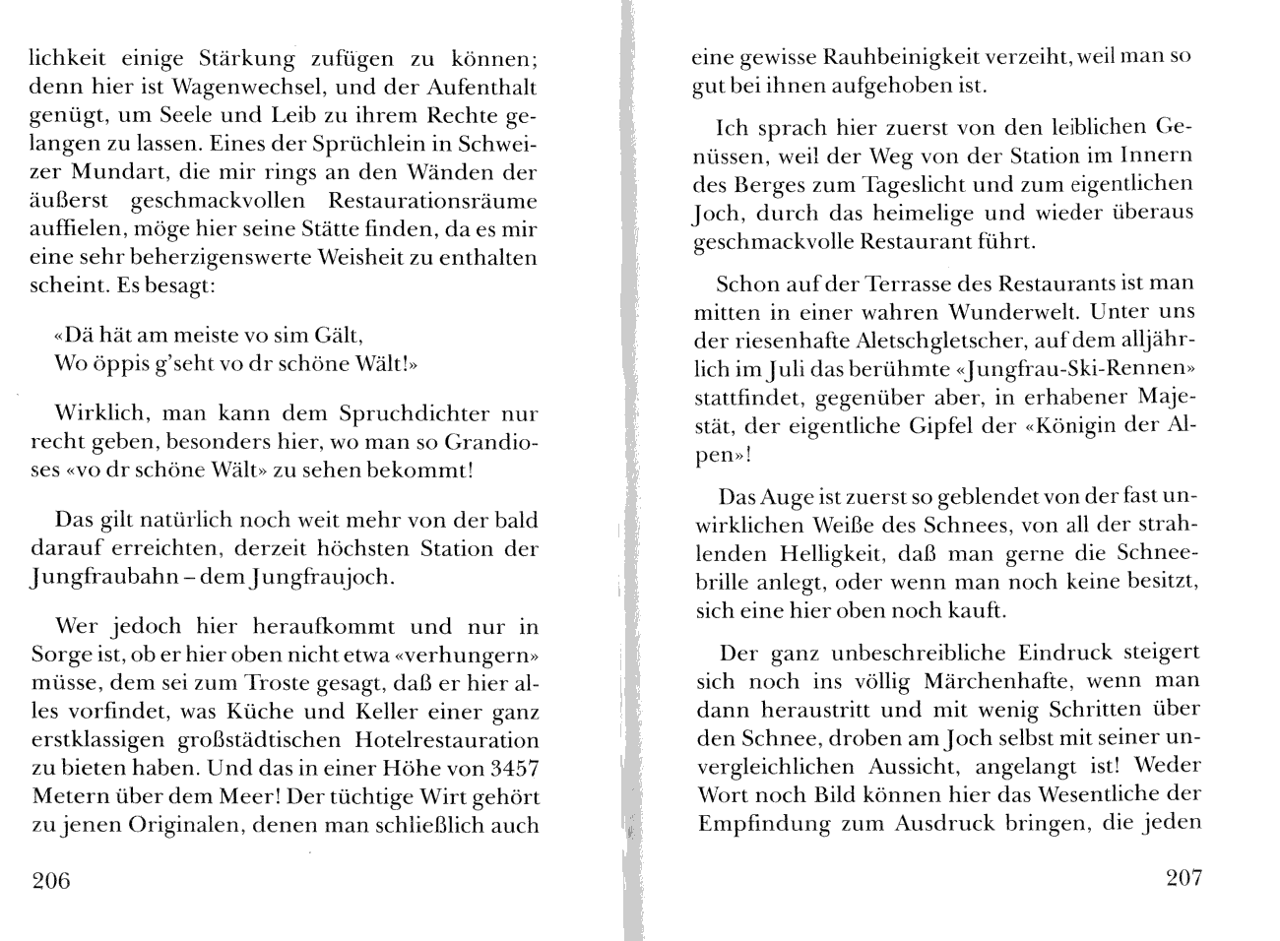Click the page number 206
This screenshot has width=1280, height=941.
pyautogui.click(x=52, y=880)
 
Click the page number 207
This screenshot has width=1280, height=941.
pyautogui.click(x=1183, y=878)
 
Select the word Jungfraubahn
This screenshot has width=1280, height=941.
pyautogui.click(x=107, y=577)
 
